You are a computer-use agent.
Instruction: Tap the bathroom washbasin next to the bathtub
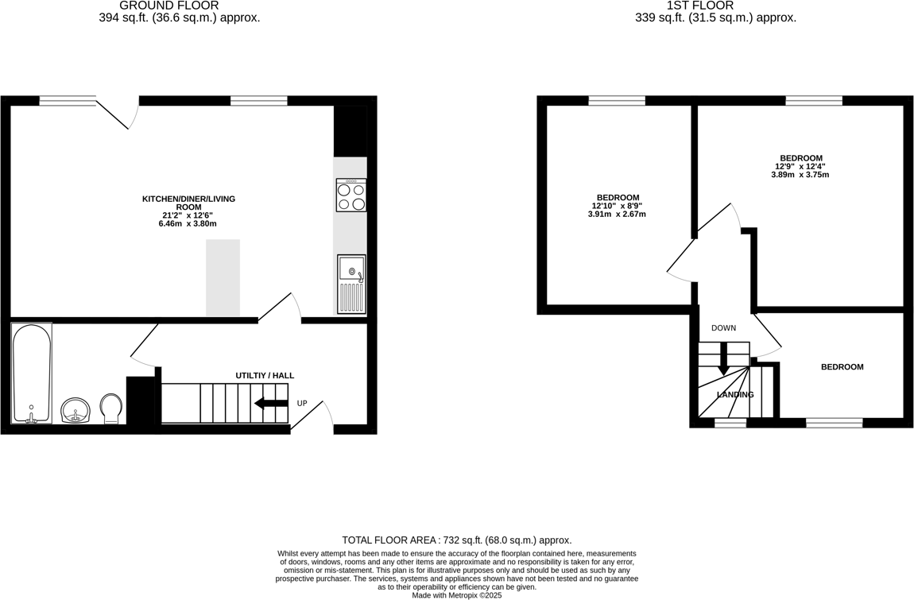76,411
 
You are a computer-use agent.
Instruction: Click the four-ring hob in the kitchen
350,195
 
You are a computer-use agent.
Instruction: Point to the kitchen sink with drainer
350,284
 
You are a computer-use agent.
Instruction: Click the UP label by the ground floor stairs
302,404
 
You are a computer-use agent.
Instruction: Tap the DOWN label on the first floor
723,328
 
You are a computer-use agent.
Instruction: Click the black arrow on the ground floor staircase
271,404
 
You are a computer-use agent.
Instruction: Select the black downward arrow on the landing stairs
723,360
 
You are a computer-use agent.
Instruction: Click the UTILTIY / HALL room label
265,375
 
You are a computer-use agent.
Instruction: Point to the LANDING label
735,395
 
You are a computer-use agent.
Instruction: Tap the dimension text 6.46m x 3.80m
188,224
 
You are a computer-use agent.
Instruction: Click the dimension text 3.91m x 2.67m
617,215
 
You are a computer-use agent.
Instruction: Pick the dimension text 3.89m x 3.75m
800,175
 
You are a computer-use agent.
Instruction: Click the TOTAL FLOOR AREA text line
456,540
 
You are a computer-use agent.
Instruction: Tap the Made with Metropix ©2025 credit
456,594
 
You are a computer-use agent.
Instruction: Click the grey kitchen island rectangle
223,278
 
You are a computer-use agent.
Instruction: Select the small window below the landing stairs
730,423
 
